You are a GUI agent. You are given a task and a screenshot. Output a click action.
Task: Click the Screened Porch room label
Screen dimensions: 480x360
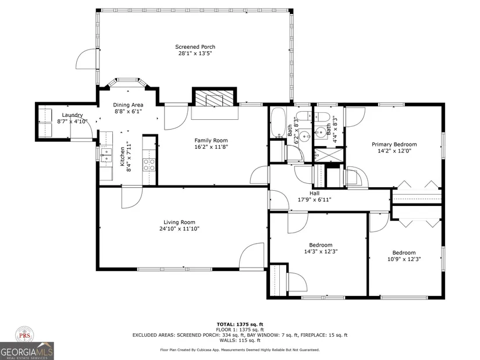point(195,47)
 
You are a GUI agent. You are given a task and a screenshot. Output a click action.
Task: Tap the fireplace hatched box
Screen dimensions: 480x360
point(214,98)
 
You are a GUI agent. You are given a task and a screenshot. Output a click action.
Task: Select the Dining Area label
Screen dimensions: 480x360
point(128,105)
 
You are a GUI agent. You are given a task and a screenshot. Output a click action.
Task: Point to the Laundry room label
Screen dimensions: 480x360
point(72,115)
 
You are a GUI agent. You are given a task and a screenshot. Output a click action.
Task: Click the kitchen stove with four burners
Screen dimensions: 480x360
point(150,165)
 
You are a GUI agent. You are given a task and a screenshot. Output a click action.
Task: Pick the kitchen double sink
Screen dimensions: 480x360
point(106,155)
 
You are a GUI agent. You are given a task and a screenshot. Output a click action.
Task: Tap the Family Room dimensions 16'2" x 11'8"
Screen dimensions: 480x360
point(211,147)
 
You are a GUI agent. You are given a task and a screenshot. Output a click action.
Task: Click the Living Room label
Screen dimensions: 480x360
point(179,222)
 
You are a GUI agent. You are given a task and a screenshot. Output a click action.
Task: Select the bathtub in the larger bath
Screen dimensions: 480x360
point(278,123)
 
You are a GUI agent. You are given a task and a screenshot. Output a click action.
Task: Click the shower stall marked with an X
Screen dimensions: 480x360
point(329,155)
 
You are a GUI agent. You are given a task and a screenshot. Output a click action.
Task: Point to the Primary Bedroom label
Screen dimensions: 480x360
point(394,144)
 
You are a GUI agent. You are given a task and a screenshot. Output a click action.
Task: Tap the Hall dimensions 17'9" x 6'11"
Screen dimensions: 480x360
point(314,200)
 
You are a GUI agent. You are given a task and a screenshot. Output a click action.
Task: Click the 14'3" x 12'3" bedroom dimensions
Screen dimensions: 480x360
point(321,252)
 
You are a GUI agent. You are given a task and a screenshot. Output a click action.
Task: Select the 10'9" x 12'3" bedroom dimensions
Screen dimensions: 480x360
point(404,259)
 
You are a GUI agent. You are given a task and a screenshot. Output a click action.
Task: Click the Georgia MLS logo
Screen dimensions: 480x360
point(27,351)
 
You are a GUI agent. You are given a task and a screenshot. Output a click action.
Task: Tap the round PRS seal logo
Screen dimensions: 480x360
point(25,335)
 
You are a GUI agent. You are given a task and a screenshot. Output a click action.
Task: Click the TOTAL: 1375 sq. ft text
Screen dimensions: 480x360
point(240,325)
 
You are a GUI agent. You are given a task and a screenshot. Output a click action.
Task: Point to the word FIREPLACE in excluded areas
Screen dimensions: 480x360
point(312,335)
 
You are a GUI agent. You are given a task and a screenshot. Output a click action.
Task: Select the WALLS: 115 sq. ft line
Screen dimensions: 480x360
point(240,340)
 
